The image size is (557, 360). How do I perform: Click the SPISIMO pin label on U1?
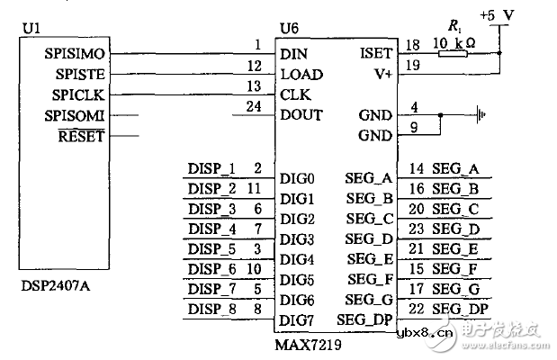75,54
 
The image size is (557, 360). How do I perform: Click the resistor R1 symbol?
453,54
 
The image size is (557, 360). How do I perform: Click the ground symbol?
482,115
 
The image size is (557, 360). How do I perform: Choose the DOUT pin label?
301,115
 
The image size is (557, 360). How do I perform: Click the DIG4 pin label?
297,259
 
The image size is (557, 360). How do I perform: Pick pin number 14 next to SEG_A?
417,168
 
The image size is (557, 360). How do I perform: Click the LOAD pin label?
301,75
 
